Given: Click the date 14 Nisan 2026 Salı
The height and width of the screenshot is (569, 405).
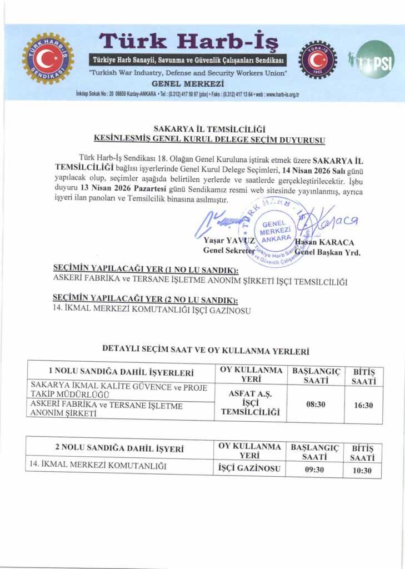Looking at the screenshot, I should tap(314, 166).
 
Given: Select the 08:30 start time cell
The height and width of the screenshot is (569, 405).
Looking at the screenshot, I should tap(316, 405).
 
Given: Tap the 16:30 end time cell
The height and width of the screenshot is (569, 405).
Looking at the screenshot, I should tap(363, 405).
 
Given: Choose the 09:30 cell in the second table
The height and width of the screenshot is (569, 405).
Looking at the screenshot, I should tap(315, 470).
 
